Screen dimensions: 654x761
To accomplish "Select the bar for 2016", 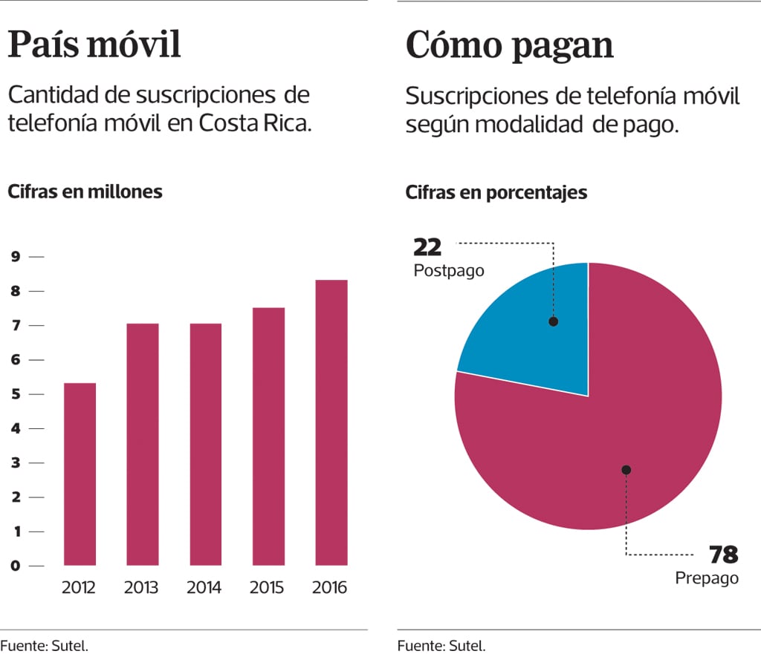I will tap(331, 422).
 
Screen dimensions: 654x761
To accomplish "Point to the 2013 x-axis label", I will tap(141, 588).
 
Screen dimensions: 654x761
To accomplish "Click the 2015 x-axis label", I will tap(267, 588).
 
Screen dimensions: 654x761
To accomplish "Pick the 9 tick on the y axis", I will tap(15, 257).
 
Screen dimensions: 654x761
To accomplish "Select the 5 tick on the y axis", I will tap(15, 394).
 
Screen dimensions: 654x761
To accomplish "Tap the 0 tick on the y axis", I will tap(15, 566).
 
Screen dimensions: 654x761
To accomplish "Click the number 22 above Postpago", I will tap(427, 246).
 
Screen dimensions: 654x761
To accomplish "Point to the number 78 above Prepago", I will tap(723, 555).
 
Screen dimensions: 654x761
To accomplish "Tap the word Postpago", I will tap(448, 271).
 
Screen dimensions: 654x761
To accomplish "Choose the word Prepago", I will tap(707, 578).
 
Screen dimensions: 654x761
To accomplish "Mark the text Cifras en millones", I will tap(85, 191).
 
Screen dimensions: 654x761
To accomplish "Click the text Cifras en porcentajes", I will tap(496, 192).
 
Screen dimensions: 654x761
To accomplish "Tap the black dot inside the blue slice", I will tap(553, 321).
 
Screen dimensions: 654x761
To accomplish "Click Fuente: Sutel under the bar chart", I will tap(45, 645).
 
